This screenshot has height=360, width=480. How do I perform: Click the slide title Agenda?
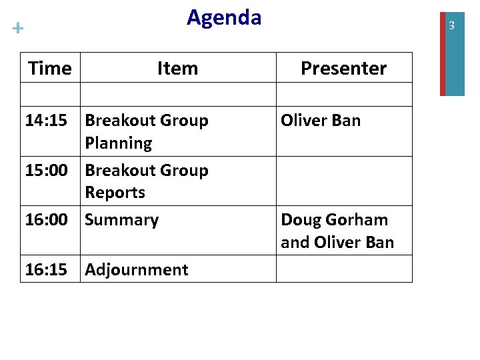[x=224, y=17]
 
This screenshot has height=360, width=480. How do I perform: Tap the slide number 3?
[x=451, y=26]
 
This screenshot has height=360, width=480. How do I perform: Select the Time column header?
[x=50, y=68]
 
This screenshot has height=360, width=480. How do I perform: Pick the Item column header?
[x=177, y=68]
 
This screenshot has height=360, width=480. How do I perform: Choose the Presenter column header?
[x=343, y=68]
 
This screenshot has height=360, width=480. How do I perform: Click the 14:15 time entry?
[x=46, y=121]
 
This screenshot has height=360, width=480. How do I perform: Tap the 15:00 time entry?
[x=46, y=171]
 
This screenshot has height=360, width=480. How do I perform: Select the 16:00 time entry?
[x=46, y=220]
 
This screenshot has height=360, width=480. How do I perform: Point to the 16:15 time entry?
[x=46, y=269]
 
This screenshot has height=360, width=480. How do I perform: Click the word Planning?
[x=119, y=143]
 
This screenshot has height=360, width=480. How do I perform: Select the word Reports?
[x=115, y=193]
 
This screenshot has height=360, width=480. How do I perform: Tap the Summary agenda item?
[x=122, y=220]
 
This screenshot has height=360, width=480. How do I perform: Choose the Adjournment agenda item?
[x=137, y=269]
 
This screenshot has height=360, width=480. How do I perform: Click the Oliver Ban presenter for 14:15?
[x=321, y=121]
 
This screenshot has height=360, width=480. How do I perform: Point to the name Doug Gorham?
[x=334, y=220]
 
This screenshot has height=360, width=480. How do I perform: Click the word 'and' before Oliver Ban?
[x=294, y=243]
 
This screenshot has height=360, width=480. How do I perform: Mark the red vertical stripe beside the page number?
[x=443, y=48]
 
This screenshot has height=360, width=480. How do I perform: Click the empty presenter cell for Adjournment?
[x=344, y=269]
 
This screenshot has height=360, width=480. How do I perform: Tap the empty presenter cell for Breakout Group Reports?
[x=344, y=181]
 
